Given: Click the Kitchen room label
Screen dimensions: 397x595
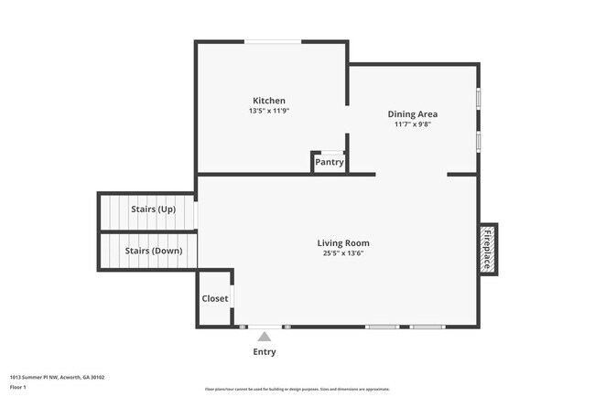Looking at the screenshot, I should point(269,101).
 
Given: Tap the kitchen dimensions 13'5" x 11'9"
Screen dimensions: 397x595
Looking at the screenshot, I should point(269,111).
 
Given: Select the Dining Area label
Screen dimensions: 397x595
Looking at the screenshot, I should point(412,114).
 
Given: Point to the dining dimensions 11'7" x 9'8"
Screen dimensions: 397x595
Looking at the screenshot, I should point(412,124).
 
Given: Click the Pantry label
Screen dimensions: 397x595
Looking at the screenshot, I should point(329,163).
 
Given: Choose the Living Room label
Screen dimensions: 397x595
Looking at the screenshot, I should point(343,243).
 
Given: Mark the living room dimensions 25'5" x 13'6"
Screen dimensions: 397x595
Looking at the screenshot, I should point(343,253).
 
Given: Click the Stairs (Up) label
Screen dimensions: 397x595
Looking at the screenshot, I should point(153,209).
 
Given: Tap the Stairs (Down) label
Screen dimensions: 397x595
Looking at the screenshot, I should point(153,251).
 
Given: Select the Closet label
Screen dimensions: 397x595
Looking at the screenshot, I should point(215,298).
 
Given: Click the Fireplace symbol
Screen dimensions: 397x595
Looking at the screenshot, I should point(488,248).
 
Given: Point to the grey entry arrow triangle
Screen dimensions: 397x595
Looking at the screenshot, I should point(264,337).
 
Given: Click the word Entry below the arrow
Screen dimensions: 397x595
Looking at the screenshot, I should point(264,352).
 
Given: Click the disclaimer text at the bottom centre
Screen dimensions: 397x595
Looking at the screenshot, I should point(297,389).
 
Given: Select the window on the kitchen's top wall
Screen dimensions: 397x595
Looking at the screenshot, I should point(273,41).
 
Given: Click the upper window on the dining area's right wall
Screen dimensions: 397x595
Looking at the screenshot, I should point(478,99).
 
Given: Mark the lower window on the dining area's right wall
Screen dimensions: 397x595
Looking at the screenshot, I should point(478,141).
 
